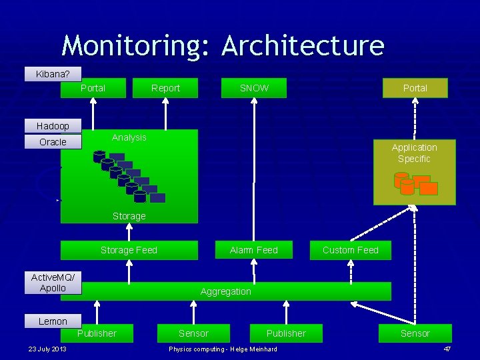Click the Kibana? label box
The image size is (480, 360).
tap(53, 74)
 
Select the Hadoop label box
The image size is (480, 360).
tap(53, 126)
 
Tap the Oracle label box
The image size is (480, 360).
tap(53, 142)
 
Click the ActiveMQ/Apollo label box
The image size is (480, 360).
tap(53, 283)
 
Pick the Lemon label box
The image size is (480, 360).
tap(53, 321)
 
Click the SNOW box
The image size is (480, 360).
tap(254, 88)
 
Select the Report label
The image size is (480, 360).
tap(165, 88)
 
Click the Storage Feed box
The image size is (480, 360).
tap(129, 250)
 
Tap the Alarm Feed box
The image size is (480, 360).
tap(253, 250)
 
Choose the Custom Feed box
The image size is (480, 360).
tap(350, 250)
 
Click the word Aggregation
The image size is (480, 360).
tap(226, 291)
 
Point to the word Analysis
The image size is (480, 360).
tap(129, 137)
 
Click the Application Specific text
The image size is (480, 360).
tap(414, 153)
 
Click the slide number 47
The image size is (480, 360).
tap(447, 349)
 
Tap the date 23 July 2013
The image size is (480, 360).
tap(47, 349)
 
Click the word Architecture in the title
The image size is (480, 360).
tap(303, 45)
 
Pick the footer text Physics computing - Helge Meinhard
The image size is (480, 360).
tap(223, 349)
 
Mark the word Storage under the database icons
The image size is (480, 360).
tap(129, 216)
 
